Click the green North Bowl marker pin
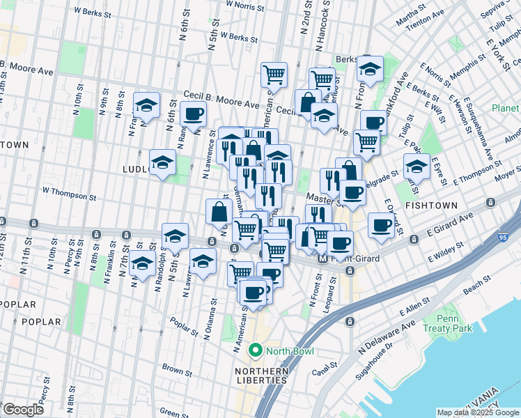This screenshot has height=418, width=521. pyautogui.click(x=256, y=350)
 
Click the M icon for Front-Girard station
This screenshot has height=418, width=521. pyautogui.click(x=322, y=258)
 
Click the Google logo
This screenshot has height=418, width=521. pyautogui.click(x=23, y=409)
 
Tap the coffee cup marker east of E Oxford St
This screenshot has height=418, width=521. pyautogui.click(x=382, y=226)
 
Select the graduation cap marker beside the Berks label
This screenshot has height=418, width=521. pyautogui.click(x=371, y=68)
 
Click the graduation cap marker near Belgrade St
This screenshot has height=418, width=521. pyautogui.click(x=417, y=166)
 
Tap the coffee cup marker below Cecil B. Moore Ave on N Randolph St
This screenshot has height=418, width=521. pyautogui.click(x=193, y=114)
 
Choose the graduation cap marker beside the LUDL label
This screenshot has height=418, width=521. pyautogui.click(x=162, y=163)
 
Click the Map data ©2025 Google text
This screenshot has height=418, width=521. pyautogui.click(x=477, y=412)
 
